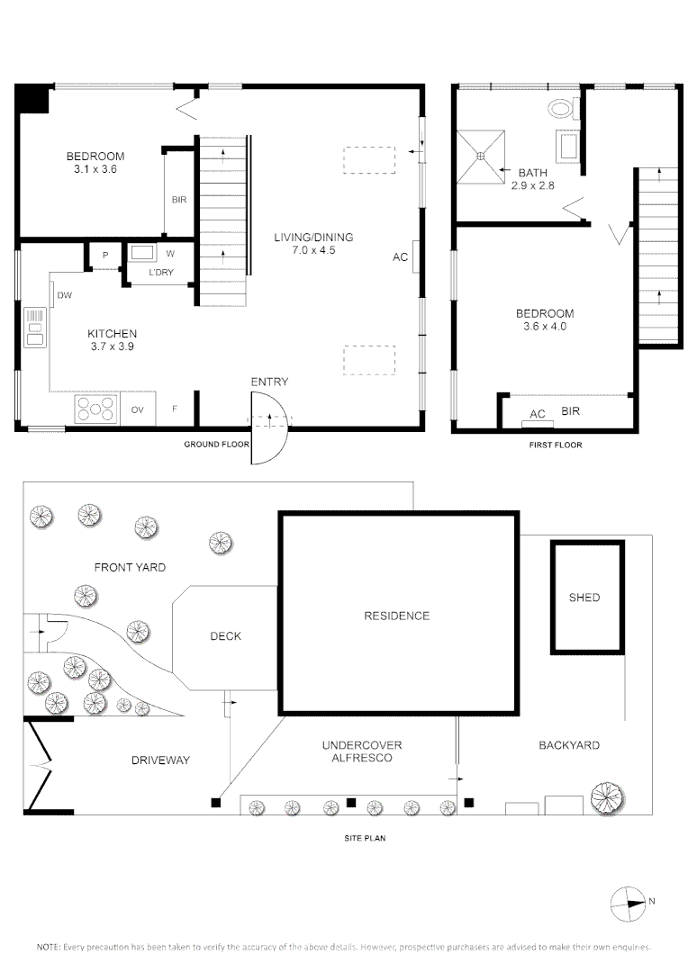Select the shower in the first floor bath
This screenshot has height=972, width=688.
[x=481, y=157]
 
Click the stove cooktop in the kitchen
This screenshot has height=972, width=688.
[x=97, y=409]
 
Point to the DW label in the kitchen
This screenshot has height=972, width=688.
[x=65, y=295]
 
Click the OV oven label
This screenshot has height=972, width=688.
[x=138, y=409]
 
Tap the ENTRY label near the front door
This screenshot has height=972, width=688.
[x=269, y=382]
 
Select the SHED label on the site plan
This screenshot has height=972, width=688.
[x=584, y=598]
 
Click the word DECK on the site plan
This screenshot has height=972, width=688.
[x=225, y=636]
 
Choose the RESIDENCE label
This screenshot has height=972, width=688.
[x=396, y=616]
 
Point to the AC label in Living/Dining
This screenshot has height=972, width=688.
[x=401, y=257]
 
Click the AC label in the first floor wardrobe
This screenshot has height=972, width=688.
[x=538, y=414]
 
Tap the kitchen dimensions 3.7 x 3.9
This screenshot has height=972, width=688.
[x=113, y=346]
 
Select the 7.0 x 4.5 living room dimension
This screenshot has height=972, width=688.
[x=313, y=250]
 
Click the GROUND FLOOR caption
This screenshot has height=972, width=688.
[x=216, y=445]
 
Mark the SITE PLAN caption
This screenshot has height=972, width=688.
[x=366, y=838]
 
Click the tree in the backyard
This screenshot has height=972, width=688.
[x=609, y=796]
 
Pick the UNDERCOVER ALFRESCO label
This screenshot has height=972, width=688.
[x=362, y=751]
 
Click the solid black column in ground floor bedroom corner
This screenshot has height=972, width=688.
[x=33, y=98]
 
